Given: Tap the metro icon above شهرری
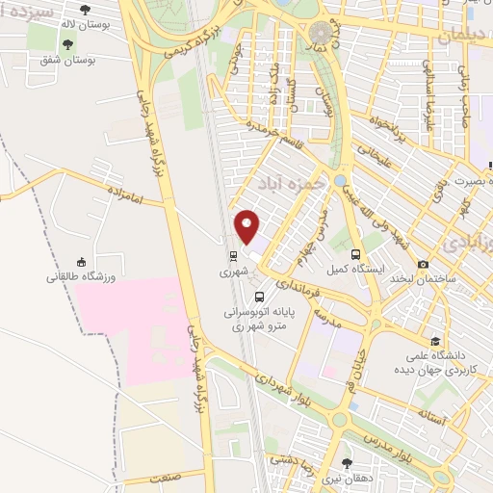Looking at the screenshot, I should [x=232, y=256].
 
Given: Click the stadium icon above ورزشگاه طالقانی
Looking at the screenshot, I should [x=82, y=263].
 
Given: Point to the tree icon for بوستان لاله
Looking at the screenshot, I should [x=86, y=10].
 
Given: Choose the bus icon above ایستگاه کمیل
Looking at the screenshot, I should [x=356, y=255].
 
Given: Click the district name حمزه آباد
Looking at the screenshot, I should [x=288, y=182].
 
